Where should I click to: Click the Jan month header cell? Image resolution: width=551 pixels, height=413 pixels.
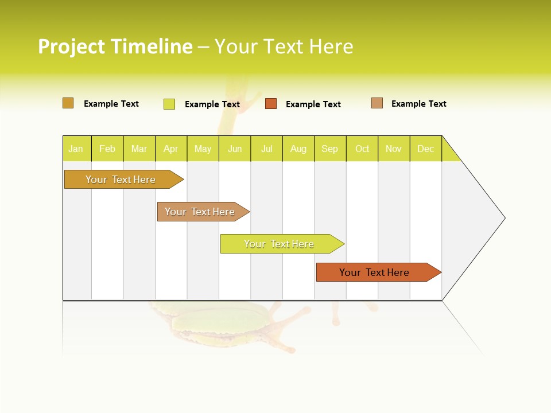click(76, 149)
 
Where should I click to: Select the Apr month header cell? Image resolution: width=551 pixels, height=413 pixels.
click(171, 149)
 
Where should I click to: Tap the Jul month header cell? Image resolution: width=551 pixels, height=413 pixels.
click(266, 149)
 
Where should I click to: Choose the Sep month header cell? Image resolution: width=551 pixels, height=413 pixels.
click(330, 149)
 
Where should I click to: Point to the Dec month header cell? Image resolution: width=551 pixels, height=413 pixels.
click(425, 149)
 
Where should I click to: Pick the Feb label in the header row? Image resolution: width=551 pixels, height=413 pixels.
click(107, 149)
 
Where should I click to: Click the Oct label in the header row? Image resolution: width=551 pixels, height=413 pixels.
click(362, 149)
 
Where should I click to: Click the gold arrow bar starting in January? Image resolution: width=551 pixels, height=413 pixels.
click(121, 180)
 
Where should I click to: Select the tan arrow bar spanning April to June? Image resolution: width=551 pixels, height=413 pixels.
click(200, 212)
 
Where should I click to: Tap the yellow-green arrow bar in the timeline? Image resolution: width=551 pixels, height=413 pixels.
click(280, 244)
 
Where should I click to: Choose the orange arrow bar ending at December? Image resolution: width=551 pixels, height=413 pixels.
click(375, 272)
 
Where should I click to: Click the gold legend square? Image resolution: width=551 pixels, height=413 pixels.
click(68, 103)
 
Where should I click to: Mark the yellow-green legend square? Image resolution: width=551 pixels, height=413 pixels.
click(169, 104)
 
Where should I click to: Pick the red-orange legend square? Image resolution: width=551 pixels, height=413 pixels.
click(271, 104)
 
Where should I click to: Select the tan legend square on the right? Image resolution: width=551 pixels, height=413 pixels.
click(377, 103)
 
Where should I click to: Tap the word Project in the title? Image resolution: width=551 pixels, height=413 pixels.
click(72, 46)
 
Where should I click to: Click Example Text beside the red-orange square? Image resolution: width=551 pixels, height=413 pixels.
click(313, 104)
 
